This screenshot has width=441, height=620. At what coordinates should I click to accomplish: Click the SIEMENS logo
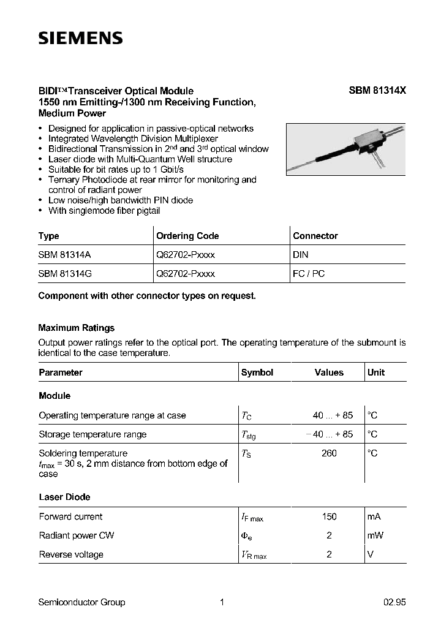pos(81,39)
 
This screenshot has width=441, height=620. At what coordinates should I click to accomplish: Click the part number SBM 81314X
pos(377,90)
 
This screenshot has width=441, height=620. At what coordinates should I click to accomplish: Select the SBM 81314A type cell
pos(65,254)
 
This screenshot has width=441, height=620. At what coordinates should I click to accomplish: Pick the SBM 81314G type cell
pos(65,273)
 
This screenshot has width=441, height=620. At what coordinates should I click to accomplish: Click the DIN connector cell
pos(301,254)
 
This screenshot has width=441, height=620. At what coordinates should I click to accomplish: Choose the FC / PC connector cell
pos(309,273)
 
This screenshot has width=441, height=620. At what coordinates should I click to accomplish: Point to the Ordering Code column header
pos(187,236)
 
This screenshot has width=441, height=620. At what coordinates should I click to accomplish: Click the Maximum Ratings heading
pos(77,328)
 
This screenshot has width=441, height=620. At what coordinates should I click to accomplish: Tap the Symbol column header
pos(257,372)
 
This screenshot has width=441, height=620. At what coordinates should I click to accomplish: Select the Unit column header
pos(376,372)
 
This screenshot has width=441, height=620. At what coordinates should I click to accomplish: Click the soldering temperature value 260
pos(329,453)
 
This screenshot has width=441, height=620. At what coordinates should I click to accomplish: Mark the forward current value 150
pos(329,516)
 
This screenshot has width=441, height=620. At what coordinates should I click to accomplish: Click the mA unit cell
pos(374,516)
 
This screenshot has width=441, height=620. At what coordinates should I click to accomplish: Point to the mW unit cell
pos(375,535)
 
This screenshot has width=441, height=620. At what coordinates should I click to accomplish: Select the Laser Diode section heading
pos(64,497)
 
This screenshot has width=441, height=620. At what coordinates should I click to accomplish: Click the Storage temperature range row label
pos(92,434)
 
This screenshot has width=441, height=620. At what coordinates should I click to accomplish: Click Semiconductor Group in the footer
pos(81,602)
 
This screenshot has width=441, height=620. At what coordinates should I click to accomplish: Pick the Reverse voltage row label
pos(71,554)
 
